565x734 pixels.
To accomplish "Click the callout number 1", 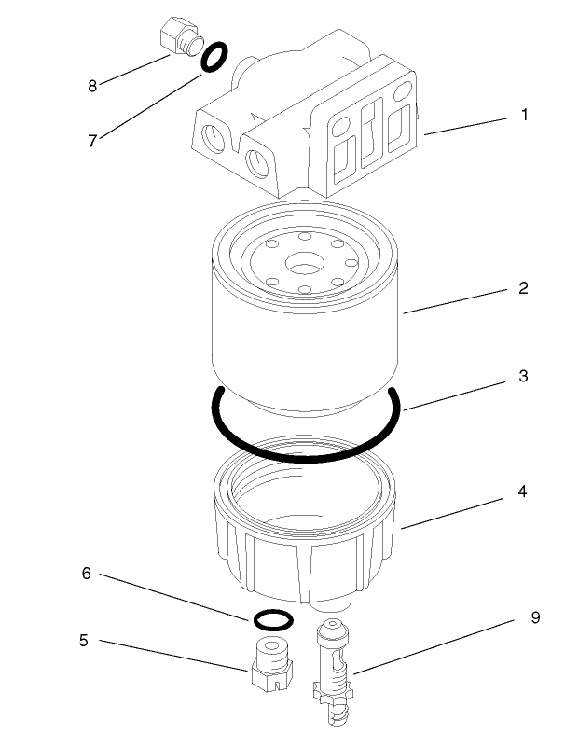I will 525,117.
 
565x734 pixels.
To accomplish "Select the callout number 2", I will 524,287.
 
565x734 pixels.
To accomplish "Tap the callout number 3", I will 524,377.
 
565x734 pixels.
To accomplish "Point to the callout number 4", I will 524,491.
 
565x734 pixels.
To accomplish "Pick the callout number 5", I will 84,641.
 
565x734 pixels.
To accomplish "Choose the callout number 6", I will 86,574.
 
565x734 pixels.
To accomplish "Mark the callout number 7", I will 92,141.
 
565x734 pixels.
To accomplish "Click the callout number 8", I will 92,86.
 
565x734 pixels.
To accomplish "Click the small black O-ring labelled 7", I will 213,58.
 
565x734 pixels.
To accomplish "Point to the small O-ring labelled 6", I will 272,619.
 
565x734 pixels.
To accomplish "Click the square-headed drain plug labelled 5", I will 271,664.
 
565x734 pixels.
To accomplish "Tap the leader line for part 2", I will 457,300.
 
